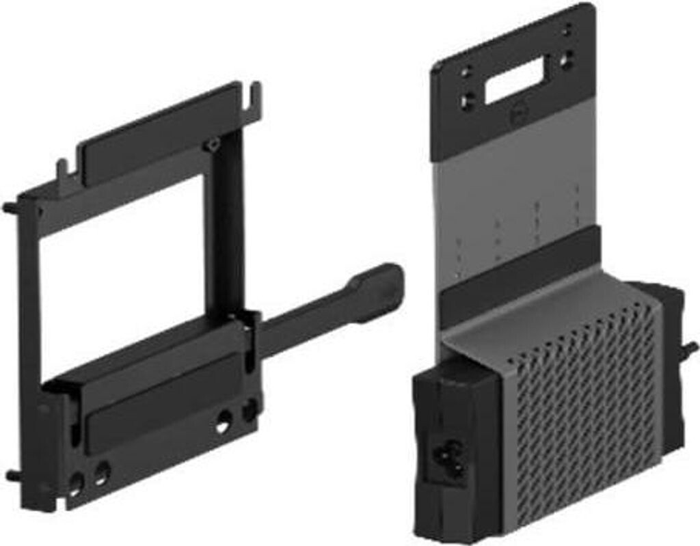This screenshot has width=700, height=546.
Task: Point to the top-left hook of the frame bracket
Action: click(x=62, y=167)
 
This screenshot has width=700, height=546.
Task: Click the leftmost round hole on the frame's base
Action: click(x=76, y=484)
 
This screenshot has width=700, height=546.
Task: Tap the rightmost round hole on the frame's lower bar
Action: click(x=249, y=410)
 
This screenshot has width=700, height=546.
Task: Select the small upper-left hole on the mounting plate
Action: click(x=466, y=71)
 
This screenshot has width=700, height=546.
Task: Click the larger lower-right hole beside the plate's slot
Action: click(x=567, y=62)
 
